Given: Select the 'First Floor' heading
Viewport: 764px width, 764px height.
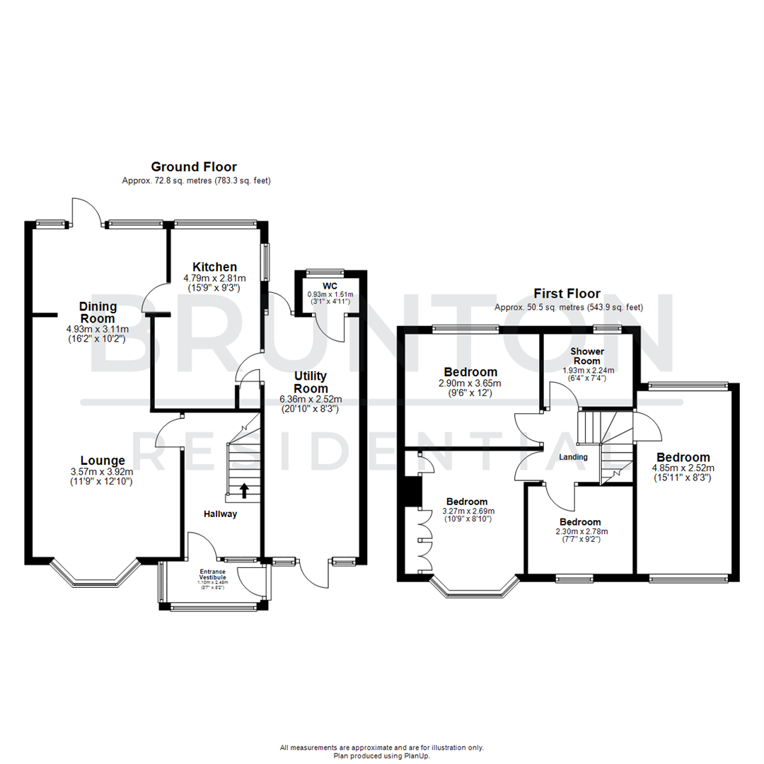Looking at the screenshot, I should (x=567, y=293).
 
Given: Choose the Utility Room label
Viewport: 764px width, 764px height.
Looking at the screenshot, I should (x=311, y=382).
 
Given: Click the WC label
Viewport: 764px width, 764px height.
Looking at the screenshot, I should (x=330, y=286).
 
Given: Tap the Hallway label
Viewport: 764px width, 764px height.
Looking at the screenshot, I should (x=219, y=514).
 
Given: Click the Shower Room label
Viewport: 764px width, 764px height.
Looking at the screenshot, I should (x=586, y=356).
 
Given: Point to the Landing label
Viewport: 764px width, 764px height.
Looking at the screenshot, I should (x=573, y=457).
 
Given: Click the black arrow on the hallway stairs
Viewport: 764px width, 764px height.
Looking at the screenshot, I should (x=245, y=489).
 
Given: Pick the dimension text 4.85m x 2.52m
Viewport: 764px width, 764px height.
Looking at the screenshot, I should (x=683, y=468).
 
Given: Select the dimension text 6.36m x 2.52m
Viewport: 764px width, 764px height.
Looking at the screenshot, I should (x=311, y=399).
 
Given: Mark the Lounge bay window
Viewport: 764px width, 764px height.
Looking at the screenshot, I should (x=94, y=574).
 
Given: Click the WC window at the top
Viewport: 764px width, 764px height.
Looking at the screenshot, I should (x=325, y=272).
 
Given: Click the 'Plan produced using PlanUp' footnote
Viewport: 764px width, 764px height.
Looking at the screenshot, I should (x=382, y=756).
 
